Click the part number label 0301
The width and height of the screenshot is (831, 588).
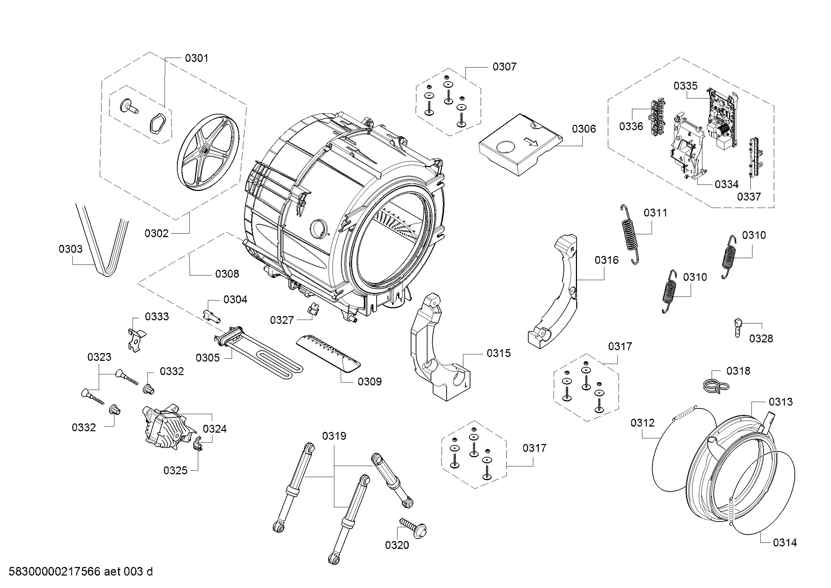pos(196,58)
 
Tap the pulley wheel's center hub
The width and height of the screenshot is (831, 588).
pos(206,150)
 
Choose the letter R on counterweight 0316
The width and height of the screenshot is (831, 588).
pos(572,250)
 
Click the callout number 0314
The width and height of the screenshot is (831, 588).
pos(785,552)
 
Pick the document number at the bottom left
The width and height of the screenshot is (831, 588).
pos(80,571)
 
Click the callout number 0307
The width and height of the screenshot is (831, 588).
pos(504,66)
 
